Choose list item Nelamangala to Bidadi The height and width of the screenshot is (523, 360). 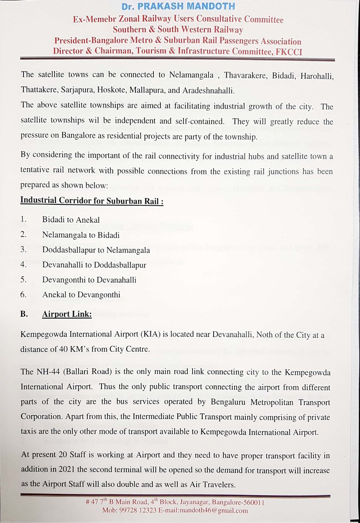81,235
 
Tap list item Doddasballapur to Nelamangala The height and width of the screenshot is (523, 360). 96,250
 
